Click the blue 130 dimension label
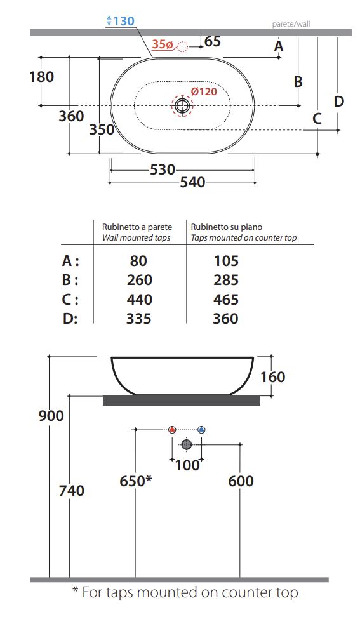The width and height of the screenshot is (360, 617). tap(121, 21)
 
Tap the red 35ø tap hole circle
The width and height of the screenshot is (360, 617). tap(183, 47)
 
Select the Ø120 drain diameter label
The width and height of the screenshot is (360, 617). tap(204, 91)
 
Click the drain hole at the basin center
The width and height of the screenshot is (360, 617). tap(182, 105)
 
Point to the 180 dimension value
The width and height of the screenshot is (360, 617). tap(42, 77)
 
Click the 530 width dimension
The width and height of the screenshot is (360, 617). tap(163, 170)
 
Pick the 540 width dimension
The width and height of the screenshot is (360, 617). tap(193, 183)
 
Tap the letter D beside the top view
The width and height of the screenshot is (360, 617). tap(339, 102)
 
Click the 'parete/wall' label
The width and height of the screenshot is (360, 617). tap(291, 24)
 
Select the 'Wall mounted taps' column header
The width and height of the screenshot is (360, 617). tap(137, 237)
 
